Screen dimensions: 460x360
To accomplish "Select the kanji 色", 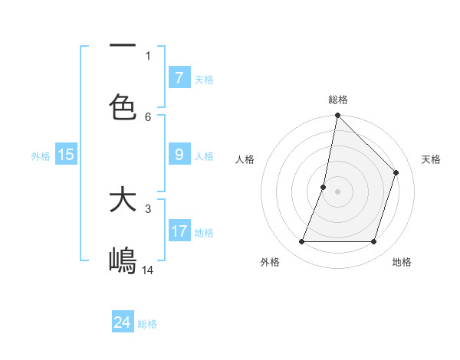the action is pos(123,106).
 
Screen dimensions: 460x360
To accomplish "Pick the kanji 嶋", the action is pos(123,260).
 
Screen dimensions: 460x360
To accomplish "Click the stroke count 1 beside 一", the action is pos(148,55).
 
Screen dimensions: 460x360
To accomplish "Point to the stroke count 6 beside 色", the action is pos(148,116).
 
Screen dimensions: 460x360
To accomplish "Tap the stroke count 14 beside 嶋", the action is pos(148,270).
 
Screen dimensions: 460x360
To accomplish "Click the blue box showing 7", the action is pos(179,78).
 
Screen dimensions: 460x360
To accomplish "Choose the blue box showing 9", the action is pos(179,155).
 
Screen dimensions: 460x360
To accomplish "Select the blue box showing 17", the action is pos(179,231).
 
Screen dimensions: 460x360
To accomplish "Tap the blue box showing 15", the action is pos(66,155).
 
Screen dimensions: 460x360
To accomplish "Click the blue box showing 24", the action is pos(123,322).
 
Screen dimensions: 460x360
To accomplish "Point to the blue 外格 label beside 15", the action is pos(41,156).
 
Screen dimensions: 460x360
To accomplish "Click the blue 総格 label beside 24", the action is pos(147,324).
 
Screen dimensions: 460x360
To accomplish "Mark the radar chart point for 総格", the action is pos(337,116).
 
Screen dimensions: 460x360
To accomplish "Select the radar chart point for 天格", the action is pos(396,172).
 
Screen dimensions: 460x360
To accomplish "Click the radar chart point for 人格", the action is pos(324,187).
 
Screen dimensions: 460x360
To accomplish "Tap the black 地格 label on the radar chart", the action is pos(402,262).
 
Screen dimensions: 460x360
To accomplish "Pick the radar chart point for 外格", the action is pos(301,242).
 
